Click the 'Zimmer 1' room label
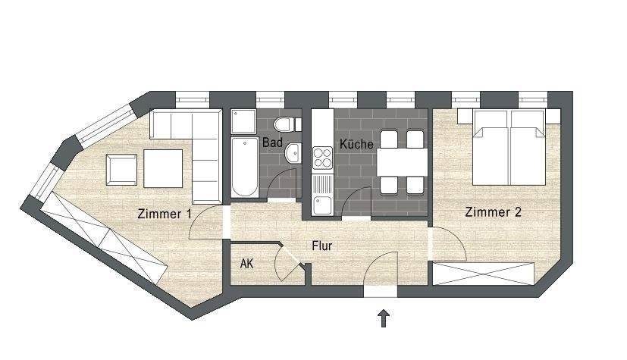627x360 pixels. coord(164,214)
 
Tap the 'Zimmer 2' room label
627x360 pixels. coord(494,212)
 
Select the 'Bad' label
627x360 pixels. coord(272,142)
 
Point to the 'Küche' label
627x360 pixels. coord(356,143)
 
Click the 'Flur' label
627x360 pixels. coord(321,246)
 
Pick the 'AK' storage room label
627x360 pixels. coord(246,265)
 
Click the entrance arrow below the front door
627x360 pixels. coord(384,318)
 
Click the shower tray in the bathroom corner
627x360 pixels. coord(244,121)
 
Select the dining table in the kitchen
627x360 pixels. coord(402,161)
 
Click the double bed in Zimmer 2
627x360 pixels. coord(509,148)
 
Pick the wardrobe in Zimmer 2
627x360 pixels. coord(486,273)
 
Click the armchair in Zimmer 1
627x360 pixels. coord(122,169)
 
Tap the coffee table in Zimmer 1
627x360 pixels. coord(163,167)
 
